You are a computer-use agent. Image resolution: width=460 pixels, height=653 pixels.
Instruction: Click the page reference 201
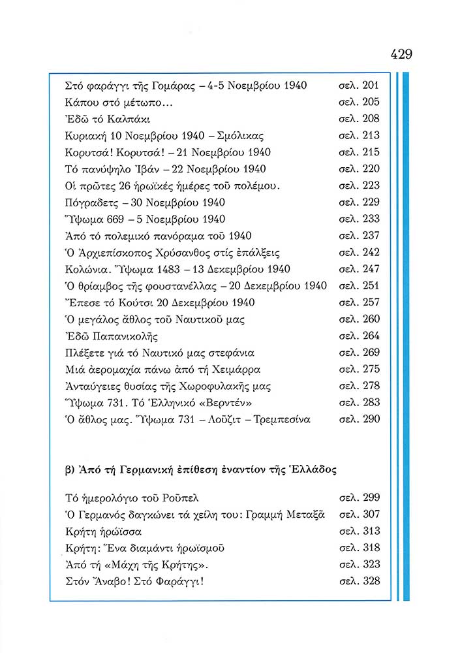370,86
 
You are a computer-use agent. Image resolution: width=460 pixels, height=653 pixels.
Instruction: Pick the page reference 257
370,302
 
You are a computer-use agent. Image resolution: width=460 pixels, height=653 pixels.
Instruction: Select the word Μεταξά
309,514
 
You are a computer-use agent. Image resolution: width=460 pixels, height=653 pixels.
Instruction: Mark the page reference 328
370,581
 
